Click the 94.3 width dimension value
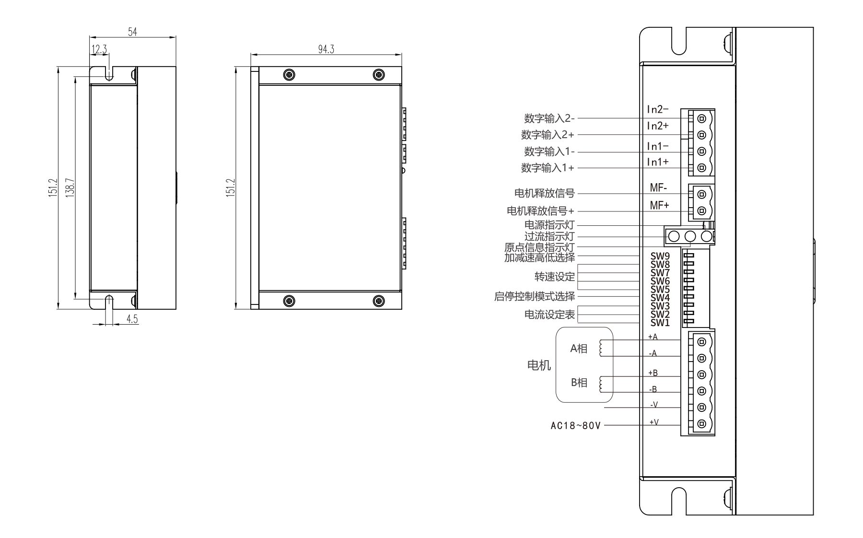(x=326, y=49)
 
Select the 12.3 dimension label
(x=99, y=49)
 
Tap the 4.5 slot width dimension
(x=132, y=319)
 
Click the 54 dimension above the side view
(x=132, y=32)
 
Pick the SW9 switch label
(x=660, y=256)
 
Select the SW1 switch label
(x=660, y=323)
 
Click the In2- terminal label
(x=657, y=110)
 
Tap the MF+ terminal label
(x=659, y=205)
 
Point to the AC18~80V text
(x=575, y=426)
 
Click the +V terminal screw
(x=702, y=423)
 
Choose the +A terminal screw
(x=702, y=341)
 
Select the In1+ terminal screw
(x=702, y=167)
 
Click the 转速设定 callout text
(x=554, y=277)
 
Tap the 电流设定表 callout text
(x=549, y=315)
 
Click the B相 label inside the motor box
(x=579, y=383)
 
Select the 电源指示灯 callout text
(x=549, y=225)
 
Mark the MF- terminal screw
(x=702, y=194)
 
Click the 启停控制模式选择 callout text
(x=534, y=296)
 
